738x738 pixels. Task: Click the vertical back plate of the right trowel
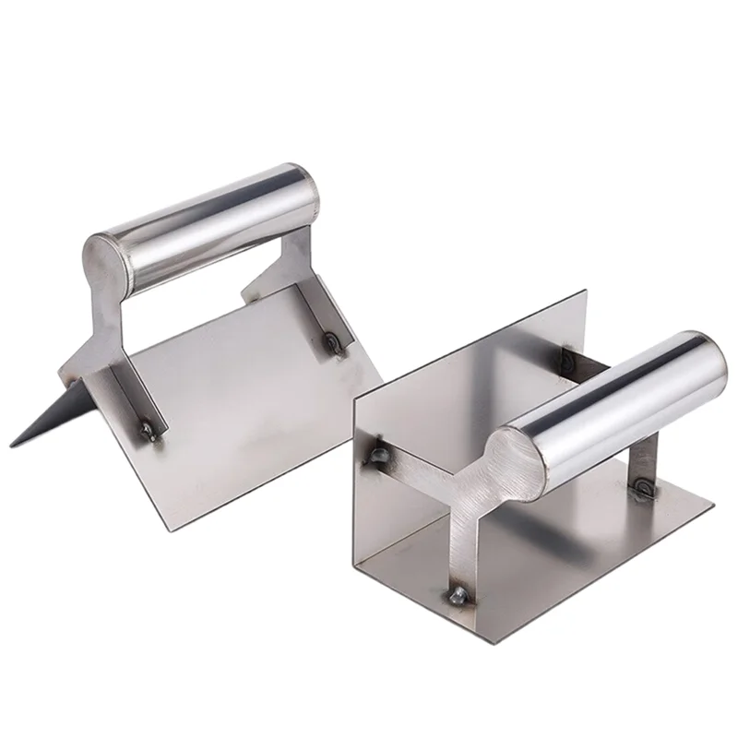(x=461, y=369)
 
